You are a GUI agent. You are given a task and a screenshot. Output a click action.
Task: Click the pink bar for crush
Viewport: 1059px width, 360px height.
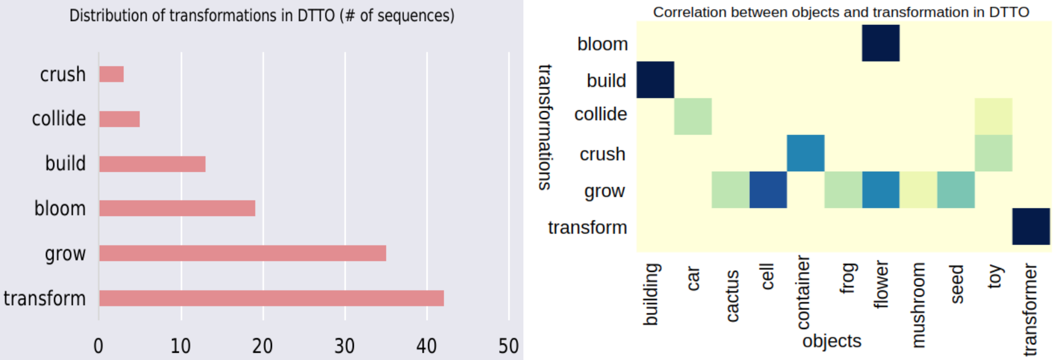(111, 74)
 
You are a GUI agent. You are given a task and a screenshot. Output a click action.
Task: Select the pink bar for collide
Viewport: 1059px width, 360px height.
(120, 119)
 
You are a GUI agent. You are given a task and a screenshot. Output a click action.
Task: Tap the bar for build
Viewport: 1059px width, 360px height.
(152, 164)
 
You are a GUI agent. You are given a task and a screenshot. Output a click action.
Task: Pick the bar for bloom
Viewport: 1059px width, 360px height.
(177, 208)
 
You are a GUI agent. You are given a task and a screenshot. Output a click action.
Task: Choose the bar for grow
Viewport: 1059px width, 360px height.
(243, 253)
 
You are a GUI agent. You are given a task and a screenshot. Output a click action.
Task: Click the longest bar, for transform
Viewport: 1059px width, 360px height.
(271, 298)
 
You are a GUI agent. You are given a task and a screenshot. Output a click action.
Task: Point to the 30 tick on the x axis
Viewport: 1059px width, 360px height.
(344, 346)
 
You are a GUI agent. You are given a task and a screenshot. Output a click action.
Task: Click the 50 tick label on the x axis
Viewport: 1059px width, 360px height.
(508, 346)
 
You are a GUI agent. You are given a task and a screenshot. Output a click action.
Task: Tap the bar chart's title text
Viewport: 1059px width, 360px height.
(261, 16)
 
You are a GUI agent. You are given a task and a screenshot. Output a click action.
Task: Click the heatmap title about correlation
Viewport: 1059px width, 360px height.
(841, 12)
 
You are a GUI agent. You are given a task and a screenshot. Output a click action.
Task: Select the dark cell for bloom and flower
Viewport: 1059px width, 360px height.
(881, 43)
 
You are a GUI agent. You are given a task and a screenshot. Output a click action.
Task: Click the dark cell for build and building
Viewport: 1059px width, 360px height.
(655, 80)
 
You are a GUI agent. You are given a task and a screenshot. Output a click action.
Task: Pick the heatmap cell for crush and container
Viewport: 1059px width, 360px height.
(805, 153)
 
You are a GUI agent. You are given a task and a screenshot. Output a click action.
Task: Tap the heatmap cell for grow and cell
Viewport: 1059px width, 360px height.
(768, 190)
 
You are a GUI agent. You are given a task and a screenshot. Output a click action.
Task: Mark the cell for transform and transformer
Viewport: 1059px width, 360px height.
(1031, 227)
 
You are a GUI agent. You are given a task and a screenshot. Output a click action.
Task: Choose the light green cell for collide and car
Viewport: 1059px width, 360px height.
(693, 116)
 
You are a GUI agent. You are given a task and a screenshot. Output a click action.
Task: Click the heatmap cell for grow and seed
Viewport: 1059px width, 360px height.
(956, 190)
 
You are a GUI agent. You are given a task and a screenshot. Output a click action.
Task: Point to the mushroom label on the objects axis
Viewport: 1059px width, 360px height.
(918, 305)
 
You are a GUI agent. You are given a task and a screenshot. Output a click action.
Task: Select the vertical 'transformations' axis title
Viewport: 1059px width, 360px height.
(545, 127)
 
